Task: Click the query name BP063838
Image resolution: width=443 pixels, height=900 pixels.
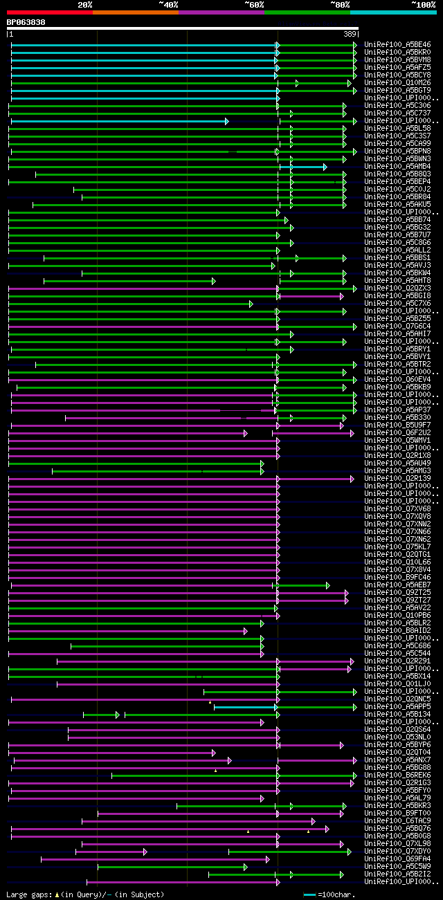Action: tap(26, 22)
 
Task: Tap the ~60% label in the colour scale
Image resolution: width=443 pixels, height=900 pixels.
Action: tap(254, 5)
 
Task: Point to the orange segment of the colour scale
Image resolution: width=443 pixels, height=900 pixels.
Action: tap(135, 12)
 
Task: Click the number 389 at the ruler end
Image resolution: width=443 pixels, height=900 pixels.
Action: tap(350, 34)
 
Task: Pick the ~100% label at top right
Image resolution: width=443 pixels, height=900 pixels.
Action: tap(423, 5)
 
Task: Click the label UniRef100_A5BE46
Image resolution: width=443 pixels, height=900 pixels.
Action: tap(397, 45)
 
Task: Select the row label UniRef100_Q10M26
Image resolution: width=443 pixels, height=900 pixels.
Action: tap(397, 83)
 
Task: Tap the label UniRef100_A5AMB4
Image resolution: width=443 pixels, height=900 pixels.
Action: tap(397, 167)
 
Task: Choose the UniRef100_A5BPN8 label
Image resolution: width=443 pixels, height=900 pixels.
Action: tap(397, 151)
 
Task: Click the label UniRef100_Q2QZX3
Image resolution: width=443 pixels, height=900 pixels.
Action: tap(397, 288)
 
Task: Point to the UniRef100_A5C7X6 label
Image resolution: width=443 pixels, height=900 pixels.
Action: tap(397, 304)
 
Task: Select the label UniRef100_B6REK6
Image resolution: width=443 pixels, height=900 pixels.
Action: tap(397, 775)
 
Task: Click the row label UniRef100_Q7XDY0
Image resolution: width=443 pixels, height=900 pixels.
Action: tap(397, 852)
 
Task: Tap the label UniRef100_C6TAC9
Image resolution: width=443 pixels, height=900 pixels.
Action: tap(397, 821)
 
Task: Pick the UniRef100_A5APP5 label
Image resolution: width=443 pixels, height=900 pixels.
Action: tap(397, 707)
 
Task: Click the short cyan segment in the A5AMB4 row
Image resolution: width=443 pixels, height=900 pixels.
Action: tap(302, 167)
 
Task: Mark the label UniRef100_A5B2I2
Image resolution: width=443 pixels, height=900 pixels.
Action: tap(397, 874)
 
